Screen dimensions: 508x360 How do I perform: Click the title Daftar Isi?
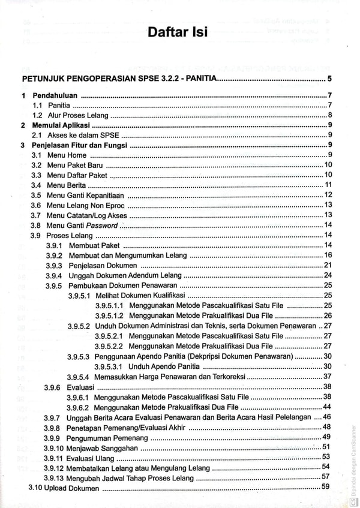click(178, 32)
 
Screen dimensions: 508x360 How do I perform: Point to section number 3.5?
click(36, 195)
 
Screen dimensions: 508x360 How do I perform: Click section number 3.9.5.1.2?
click(109, 315)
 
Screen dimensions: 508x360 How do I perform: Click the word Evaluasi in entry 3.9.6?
click(79, 387)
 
